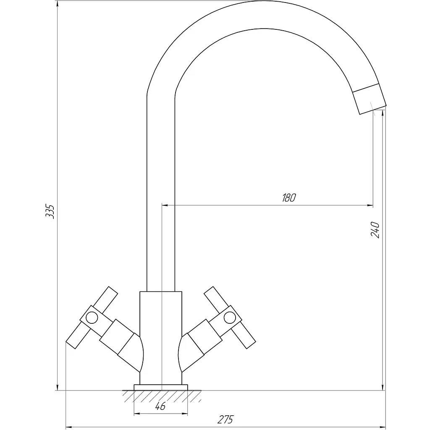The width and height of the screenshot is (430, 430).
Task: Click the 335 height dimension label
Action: (50, 211)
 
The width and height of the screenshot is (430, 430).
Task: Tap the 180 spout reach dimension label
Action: (289, 198)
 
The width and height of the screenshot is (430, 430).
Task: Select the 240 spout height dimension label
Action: (375, 230)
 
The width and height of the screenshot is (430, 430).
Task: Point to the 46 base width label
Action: (160, 406)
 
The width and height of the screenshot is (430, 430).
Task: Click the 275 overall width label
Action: (225, 420)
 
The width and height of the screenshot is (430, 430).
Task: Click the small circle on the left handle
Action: (92, 318)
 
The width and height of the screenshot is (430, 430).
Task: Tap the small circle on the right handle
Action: (230, 318)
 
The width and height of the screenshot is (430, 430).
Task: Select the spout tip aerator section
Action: (369, 99)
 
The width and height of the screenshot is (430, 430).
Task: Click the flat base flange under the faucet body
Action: (161, 387)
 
